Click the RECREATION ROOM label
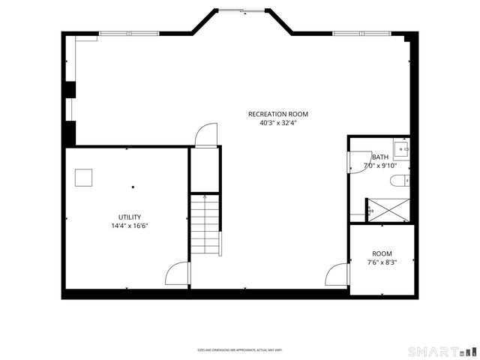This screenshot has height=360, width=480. click(x=278, y=114)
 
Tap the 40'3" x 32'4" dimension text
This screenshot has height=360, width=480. click(x=278, y=123)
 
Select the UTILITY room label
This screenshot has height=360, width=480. click(x=129, y=217)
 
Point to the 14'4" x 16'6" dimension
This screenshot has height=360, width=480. click(x=129, y=226)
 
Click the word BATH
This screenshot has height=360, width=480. click(x=380, y=157)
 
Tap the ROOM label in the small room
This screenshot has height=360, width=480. click(x=382, y=254)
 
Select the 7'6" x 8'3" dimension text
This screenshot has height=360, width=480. click(x=382, y=263)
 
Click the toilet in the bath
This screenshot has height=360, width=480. click(x=404, y=180)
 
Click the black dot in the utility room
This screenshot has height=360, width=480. click(x=133, y=187)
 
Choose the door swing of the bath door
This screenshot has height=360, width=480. click(x=355, y=163)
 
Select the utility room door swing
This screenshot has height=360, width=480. click(x=177, y=273)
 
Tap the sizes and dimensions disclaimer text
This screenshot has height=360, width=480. click(x=239, y=349)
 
